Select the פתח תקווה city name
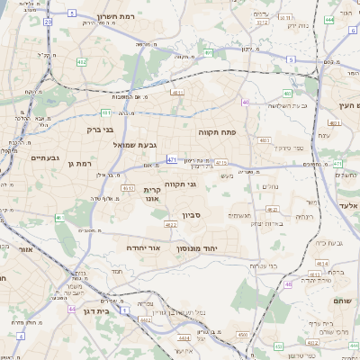tap(217, 132)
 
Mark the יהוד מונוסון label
tap(217, 247)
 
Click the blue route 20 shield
tap(47, 19)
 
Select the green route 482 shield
tap(83, 62)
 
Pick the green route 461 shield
tap(59, 217)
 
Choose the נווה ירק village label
tap(295, 26)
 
